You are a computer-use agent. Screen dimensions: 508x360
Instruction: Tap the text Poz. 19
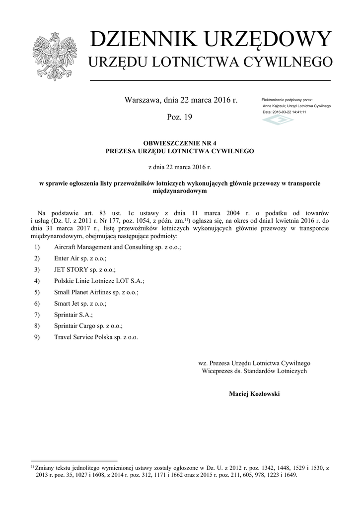point(180,117)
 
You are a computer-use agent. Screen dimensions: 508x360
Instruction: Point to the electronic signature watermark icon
point(278,120)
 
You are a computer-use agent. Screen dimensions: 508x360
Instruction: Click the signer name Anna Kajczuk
point(274,106)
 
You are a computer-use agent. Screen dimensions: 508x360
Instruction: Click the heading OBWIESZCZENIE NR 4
point(180,143)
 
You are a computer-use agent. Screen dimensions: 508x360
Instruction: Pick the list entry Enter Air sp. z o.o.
point(80,258)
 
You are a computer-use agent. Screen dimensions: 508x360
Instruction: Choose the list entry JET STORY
point(84,269)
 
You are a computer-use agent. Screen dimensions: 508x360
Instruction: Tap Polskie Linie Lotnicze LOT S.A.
point(99,281)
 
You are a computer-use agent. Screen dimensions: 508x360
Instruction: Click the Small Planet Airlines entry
point(96,292)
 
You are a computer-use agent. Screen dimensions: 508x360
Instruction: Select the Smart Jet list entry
point(80,303)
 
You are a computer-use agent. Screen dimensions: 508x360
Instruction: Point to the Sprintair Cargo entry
point(88,326)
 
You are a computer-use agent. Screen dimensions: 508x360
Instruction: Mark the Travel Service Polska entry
point(96,337)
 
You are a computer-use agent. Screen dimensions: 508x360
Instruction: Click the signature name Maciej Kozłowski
point(254,394)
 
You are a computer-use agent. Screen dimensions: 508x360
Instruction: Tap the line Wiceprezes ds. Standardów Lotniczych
point(254,371)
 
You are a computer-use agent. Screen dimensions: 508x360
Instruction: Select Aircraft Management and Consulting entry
point(117,247)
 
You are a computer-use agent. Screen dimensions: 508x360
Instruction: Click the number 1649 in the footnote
point(288,474)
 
